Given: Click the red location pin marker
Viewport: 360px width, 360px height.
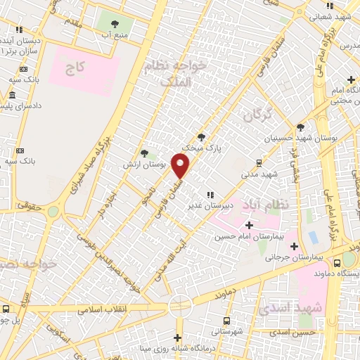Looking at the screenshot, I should click(181, 165).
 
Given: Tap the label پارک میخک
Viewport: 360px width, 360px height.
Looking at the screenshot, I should click(197, 148).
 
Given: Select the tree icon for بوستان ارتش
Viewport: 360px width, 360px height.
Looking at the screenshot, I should click(144, 153).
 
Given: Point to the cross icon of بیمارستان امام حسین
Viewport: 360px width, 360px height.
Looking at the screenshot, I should click(249, 225).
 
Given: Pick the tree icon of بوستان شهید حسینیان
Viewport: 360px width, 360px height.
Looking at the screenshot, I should click(300, 127).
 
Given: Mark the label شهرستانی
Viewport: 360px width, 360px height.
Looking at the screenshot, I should click(225, 330).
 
